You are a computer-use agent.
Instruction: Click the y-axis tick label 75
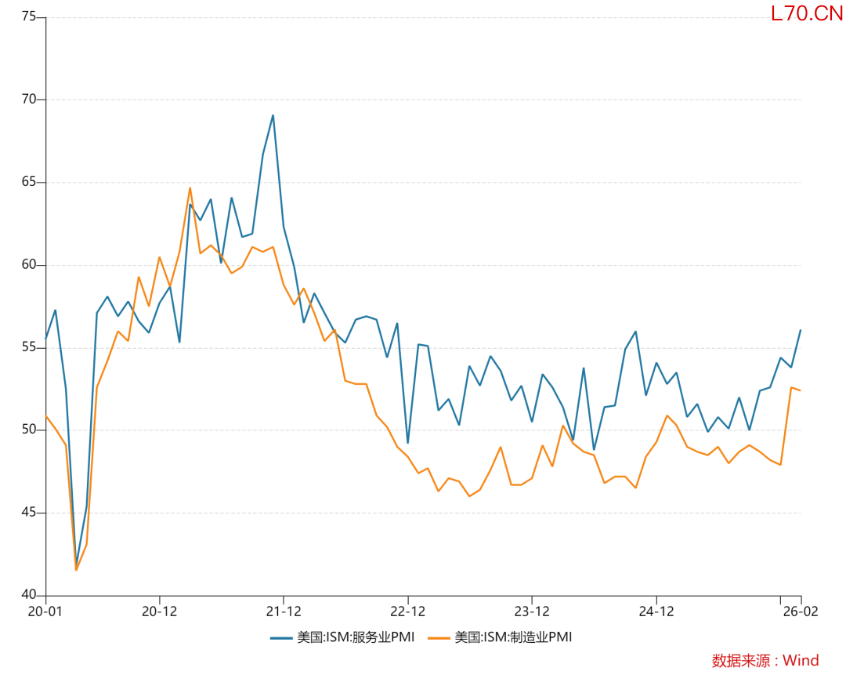point(28,17)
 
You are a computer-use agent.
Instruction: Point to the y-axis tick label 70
point(28,100)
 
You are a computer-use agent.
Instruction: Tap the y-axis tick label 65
point(28,183)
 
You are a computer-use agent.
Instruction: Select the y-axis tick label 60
point(28,265)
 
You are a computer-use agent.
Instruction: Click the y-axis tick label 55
point(28,348)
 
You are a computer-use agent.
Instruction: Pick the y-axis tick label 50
point(28,430)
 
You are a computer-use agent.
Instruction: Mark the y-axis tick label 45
point(28,513)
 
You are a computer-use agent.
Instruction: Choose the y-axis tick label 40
point(28,596)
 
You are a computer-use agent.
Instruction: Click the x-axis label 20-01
point(45,611)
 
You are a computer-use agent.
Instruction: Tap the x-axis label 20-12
point(159,611)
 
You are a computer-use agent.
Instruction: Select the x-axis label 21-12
point(283,611)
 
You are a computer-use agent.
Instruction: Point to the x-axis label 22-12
point(407,611)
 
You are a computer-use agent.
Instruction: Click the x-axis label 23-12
point(532,611)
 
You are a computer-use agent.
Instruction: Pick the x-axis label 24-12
point(656,611)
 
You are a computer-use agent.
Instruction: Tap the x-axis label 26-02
point(801,611)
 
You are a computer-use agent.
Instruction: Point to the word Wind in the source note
point(801,661)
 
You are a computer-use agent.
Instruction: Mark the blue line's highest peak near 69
point(273,116)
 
